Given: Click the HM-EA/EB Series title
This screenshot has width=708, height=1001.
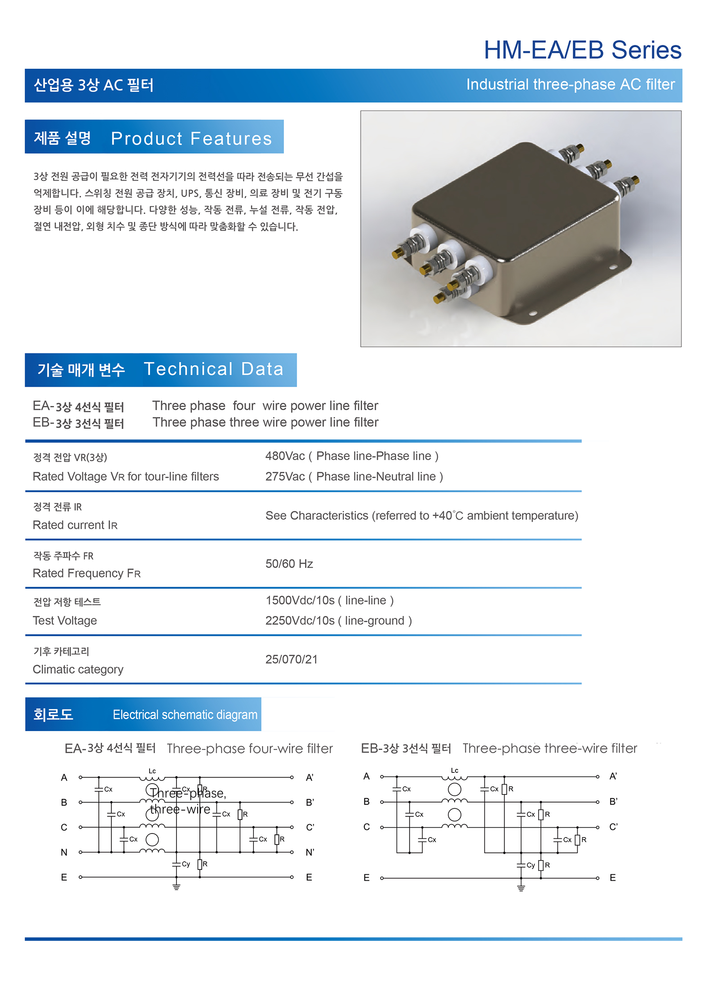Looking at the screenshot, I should [582, 50].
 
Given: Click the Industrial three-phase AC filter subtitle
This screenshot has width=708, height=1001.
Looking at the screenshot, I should [570, 84].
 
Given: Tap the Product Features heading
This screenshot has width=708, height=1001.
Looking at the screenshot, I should [191, 138].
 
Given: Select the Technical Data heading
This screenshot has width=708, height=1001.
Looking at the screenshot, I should [213, 369].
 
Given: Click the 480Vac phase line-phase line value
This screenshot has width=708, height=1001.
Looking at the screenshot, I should [351, 456].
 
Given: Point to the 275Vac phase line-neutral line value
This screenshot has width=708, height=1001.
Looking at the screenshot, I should [354, 476].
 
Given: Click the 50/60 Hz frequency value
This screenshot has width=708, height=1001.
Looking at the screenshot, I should [289, 564].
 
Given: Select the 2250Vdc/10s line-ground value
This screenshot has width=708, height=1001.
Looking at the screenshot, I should [338, 621].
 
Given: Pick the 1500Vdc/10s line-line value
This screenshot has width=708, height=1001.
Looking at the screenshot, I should [329, 600].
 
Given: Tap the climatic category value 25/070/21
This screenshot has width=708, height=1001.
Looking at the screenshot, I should [291, 659].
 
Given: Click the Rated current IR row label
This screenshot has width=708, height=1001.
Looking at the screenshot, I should [75, 525].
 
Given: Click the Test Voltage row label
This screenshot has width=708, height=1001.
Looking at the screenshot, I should [65, 621].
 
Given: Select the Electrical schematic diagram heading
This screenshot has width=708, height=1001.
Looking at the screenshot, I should [185, 714].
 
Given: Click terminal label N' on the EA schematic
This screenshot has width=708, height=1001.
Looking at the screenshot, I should [310, 852].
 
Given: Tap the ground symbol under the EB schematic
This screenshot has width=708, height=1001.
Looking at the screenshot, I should [521, 887].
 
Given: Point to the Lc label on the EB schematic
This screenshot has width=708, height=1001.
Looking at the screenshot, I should [454, 771].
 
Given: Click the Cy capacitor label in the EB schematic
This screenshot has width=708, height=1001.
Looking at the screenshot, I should [531, 865].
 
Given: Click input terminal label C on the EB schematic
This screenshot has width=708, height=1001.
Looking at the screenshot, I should [367, 827].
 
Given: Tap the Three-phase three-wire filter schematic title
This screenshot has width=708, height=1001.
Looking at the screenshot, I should [549, 748].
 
